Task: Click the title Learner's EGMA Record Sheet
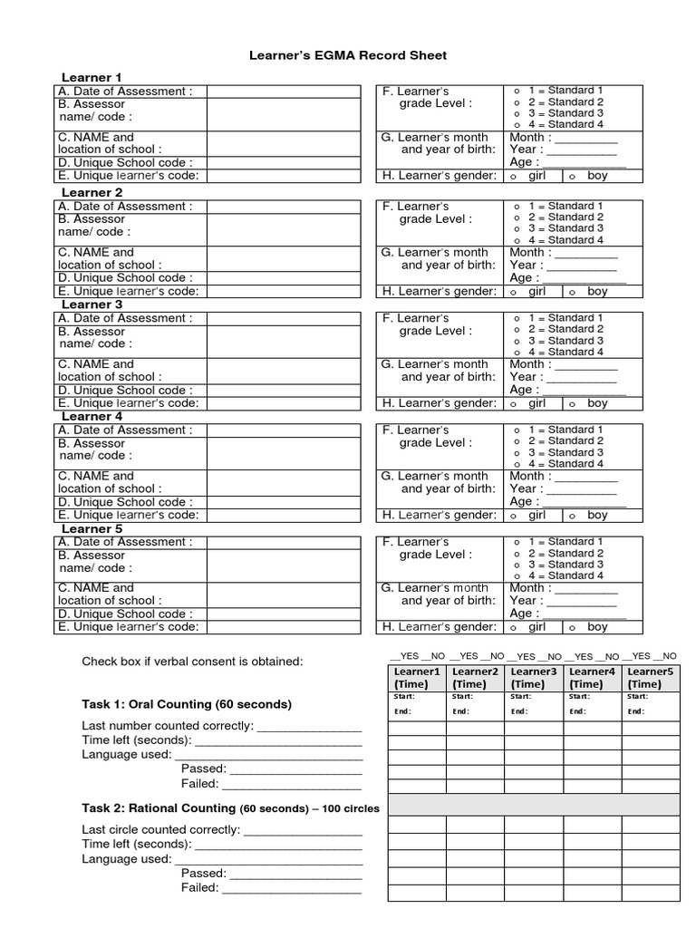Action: (348, 55)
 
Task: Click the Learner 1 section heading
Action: (91, 77)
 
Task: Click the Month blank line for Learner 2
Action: (585, 253)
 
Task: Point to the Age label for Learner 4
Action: (522, 501)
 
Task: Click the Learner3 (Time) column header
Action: (534, 678)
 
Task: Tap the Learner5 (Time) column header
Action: (651, 678)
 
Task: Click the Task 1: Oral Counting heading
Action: (187, 704)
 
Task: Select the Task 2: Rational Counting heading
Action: (230, 807)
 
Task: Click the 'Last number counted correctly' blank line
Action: (310, 727)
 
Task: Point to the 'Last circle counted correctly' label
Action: (160, 829)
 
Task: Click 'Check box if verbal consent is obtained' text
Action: (192, 662)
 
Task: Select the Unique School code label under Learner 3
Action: (123, 390)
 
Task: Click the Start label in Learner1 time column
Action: (404, 697)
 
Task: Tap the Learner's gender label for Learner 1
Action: (440, 176)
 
